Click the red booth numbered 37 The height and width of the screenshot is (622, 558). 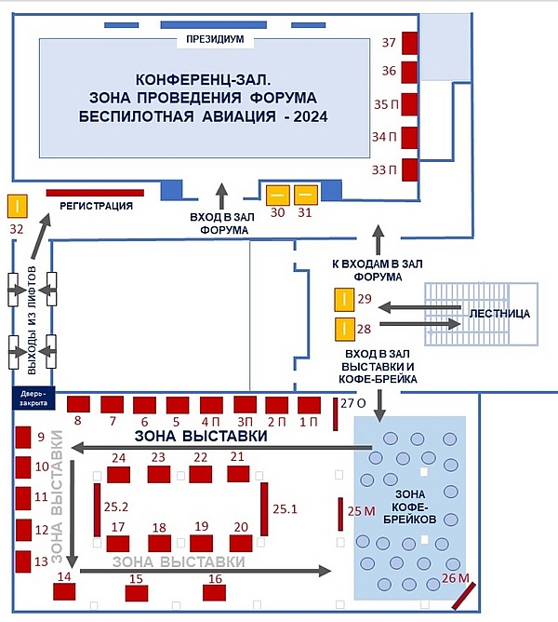410,43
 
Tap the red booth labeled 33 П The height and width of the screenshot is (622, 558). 410,169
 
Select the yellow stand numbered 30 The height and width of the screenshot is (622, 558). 277,196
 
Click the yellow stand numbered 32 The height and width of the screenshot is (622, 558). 18,206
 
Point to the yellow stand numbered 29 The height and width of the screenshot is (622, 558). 344,300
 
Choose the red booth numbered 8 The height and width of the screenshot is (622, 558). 78,404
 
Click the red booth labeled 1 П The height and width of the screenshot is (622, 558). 309,405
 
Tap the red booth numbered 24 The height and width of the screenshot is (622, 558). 118,475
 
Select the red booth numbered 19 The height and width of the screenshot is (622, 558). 201,544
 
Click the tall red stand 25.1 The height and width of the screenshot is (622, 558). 264,509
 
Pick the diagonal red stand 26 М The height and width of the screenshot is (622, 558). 464,596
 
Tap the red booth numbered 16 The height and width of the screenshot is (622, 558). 215,593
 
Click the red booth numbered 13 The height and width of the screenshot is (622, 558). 23,561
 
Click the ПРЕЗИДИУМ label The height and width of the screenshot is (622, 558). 215,39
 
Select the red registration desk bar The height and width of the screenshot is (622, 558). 95,193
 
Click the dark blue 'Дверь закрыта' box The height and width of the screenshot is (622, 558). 33,399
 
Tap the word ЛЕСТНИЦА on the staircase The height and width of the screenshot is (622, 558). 499,314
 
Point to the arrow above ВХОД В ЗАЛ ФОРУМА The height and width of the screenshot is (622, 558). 222,196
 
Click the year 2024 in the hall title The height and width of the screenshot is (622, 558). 311,116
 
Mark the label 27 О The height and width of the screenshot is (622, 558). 352,403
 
